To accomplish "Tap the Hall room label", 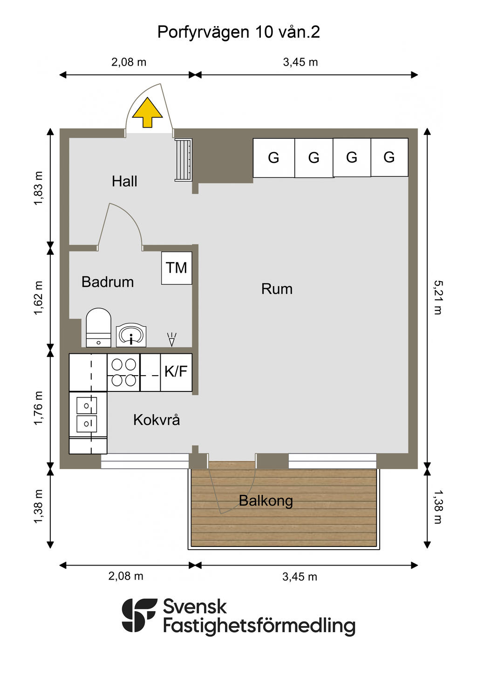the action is click(124, 182).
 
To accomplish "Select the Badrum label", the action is click(108, 282).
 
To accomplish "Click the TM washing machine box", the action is click(177, 268).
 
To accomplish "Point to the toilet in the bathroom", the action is click(98, 327).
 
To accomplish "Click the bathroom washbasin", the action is click(131, 335).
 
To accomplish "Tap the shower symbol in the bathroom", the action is click(171, 339).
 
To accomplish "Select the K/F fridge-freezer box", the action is click(176, 372).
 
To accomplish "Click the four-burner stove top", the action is click(123, 372).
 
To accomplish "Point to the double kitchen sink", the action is click(87, 414).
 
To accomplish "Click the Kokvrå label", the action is click(157, 420).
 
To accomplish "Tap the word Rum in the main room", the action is click(277, 289).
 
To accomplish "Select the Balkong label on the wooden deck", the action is click(266, 501).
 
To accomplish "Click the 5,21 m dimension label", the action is click(438, 297).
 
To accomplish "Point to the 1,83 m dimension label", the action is click(38, 189).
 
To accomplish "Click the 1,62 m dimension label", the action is click(38, 298).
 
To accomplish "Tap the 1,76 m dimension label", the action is click(38, 408).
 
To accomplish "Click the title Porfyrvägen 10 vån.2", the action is click(238, 32).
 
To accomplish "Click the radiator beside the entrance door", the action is click(183, 160).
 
